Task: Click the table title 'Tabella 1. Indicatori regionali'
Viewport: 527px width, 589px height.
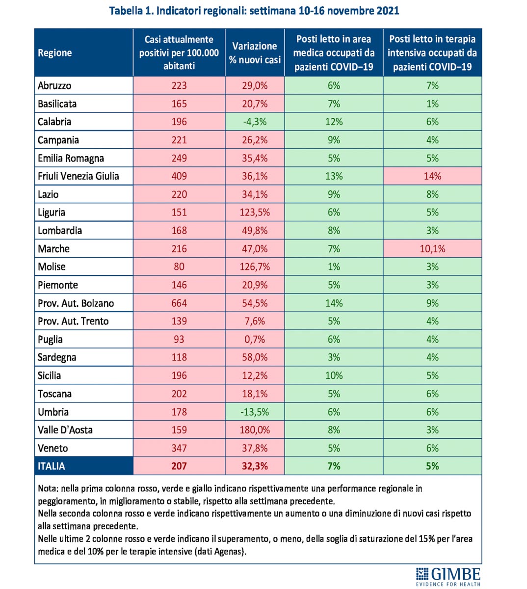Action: (x=254, y=10)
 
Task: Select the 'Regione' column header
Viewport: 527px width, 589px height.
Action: (x=55, y=53)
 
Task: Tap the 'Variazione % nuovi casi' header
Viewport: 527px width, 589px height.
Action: (x=255, y=53)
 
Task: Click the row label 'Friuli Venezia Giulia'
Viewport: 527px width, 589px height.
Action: (x=79, y=176)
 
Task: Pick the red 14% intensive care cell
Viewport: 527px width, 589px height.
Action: (x=432, y=176)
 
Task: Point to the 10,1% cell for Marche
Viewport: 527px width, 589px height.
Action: (x=432, y=249)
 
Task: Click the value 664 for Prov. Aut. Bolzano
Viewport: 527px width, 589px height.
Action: (x=179, y=303)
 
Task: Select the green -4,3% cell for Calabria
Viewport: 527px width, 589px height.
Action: (x=255, y=122)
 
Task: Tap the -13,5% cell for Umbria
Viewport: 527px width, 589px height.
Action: (x=255, y=412)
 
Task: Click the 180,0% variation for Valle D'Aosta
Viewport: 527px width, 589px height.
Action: (x=255, y=430)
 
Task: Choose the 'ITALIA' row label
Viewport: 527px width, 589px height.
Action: (x=52, y=466)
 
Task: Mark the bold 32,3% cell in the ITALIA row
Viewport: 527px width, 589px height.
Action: (x=255, y=466)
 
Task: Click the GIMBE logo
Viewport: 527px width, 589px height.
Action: (x=448, y=576)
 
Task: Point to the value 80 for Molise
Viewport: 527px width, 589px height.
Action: (x=179, y=267)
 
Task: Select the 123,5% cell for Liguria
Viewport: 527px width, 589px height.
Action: (x=255, y=213)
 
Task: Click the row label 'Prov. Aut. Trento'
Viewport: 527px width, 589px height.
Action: (x=73, y=321)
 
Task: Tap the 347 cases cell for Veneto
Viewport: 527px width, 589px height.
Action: (x=179, y=448)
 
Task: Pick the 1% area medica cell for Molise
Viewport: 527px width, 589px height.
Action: (x=334, y=267)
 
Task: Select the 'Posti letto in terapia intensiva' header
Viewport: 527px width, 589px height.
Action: (x=432, y=53)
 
